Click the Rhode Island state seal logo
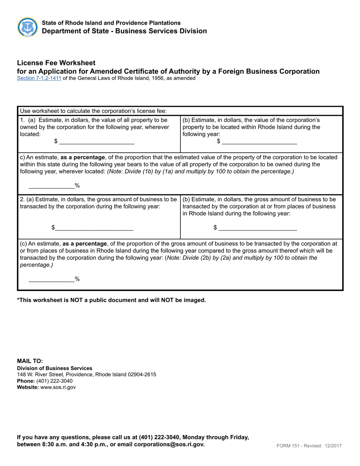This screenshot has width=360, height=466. click(x=27, y=27)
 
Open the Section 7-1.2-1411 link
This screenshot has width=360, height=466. click(x=39, y=78)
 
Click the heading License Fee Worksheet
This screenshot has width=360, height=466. click(x=56, y=63)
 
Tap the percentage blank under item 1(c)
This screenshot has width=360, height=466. click(x=52, y=186)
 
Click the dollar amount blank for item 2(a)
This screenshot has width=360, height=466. click(x=94, y=228)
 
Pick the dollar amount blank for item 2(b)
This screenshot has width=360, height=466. click(x=258, y=228)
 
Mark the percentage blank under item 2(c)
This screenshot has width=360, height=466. click(x=52, y=279)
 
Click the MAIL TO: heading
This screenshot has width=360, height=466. click(x=30, y=361)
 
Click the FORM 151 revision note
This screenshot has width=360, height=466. click(x=309, y=446)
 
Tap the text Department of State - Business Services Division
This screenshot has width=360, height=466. click(x=124, y=31)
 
